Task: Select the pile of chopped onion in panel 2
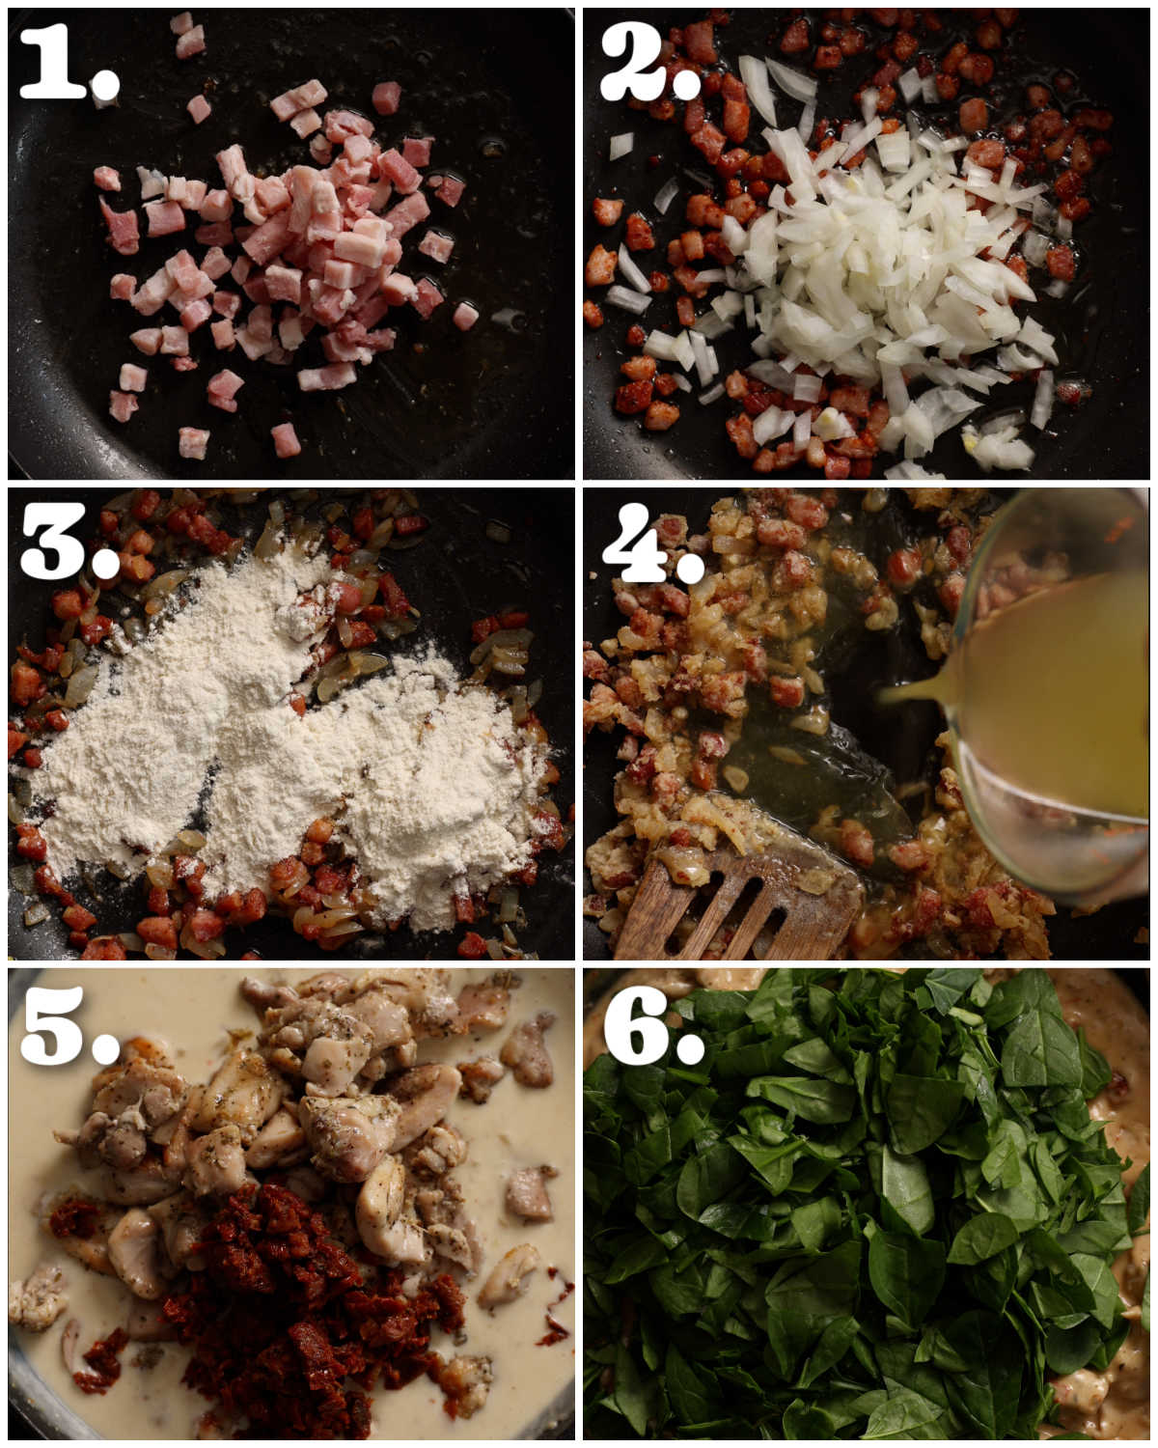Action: click(x=868, y=270)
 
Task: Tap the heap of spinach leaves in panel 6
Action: click(x=849, y=1207)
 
